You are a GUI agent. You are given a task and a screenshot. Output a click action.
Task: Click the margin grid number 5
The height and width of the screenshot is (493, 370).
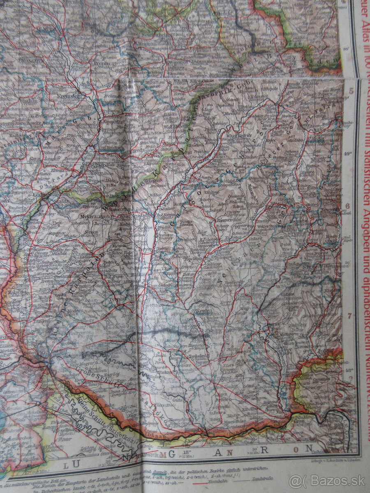pyautogui.click(x=351, y=91)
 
